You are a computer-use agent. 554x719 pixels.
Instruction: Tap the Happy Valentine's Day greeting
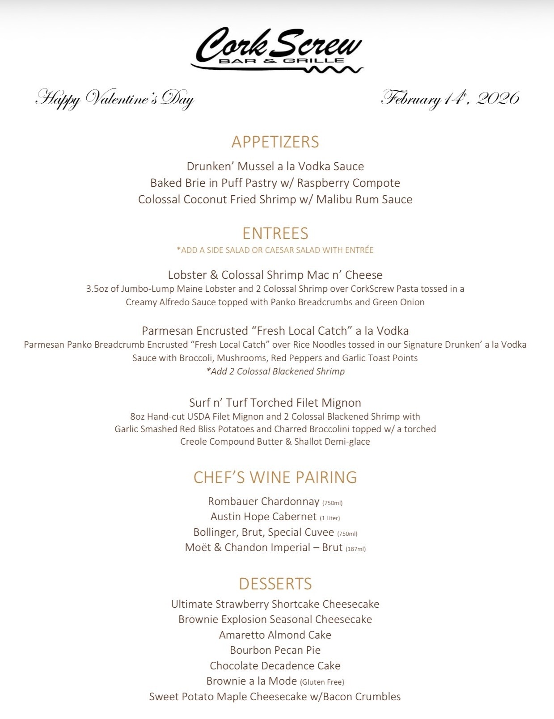[x=114, y=98]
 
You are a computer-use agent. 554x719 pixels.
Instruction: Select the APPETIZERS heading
[x=275, y=142]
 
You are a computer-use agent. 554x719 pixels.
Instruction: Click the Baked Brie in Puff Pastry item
[x=275, y=183]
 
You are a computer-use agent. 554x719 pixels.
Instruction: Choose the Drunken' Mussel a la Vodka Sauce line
[x=275, y=166]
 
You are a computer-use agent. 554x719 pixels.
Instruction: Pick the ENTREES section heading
[x=275, y=233]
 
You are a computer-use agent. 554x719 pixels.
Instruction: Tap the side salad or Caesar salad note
[x=275, y=250]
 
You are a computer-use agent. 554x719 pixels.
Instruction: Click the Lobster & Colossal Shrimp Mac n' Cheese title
[x=275, y=275]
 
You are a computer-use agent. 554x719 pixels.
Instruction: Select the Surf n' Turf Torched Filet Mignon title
[x=275, y=403]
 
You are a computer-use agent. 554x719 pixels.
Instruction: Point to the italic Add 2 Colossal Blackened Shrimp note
[x=275, y=371]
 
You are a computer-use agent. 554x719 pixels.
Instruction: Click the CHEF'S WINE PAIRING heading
[x=275, y=477]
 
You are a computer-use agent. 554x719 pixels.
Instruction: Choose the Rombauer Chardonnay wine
[x=263, y=501]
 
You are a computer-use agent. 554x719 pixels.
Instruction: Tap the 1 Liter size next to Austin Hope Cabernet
[x=330, y=518]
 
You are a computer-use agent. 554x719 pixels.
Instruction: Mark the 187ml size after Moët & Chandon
[x=355, y=549]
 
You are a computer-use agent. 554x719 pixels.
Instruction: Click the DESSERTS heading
[x=275, y=584]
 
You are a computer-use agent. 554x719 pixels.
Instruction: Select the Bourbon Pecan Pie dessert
[x=275, y=650]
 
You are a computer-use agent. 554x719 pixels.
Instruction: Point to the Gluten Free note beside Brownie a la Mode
[x=322, y=682]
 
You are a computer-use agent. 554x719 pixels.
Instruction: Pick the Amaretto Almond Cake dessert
[x=275, y=635]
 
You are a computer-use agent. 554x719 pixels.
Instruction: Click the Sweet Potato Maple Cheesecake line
[x=275, y=697]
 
